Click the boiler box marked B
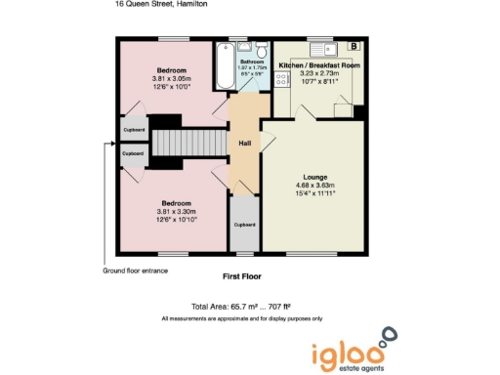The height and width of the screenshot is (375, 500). [353, 46]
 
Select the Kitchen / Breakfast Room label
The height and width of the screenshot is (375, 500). [319, 64]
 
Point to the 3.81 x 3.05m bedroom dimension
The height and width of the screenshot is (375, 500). [177, 78]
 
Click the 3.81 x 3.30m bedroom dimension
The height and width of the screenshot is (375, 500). [177, 212]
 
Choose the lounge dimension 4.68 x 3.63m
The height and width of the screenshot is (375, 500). [315, 186]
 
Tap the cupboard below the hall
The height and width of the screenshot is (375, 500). [244, 225]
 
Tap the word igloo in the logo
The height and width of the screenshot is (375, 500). [344, 353]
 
